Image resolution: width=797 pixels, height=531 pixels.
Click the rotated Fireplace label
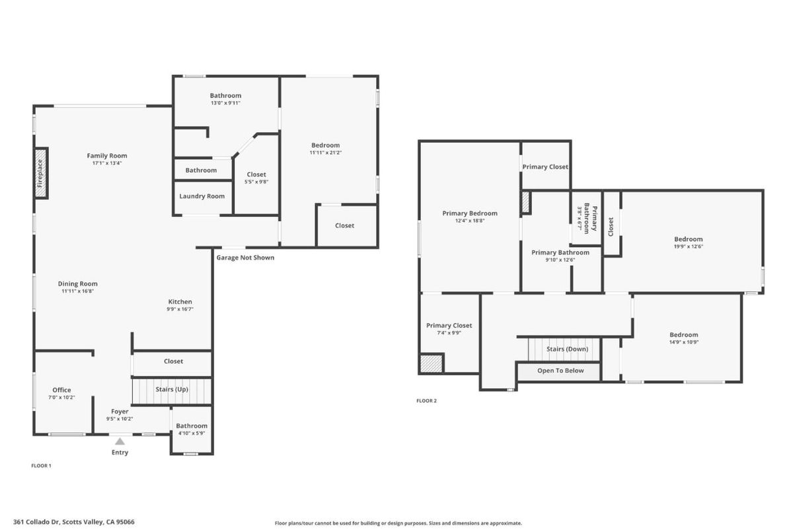click(40, 173)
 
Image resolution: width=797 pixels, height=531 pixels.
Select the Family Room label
click(106, 156)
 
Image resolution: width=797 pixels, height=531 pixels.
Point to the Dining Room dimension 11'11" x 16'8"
click(78, 291)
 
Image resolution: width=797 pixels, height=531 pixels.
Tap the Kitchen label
click(180, 302)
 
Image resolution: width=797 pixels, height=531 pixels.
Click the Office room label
click(61, 390)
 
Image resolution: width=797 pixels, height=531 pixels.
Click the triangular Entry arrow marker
click(120, 441)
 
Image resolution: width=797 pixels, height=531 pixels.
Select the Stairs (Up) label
click(172, 390)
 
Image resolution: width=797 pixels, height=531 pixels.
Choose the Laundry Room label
click(202, 196)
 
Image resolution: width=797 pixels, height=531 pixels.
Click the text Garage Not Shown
click(245, 258)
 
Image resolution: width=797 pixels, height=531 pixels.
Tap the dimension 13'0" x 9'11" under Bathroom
click(225, 103)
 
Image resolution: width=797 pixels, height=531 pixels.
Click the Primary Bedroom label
click(469, 213)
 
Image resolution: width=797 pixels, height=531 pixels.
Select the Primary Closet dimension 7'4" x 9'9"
click(449, 333)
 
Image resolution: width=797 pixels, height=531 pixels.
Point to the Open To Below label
click(560, 371)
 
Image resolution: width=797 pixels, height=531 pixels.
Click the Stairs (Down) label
click(567, 349)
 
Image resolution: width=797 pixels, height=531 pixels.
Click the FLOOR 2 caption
click(426, 401)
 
